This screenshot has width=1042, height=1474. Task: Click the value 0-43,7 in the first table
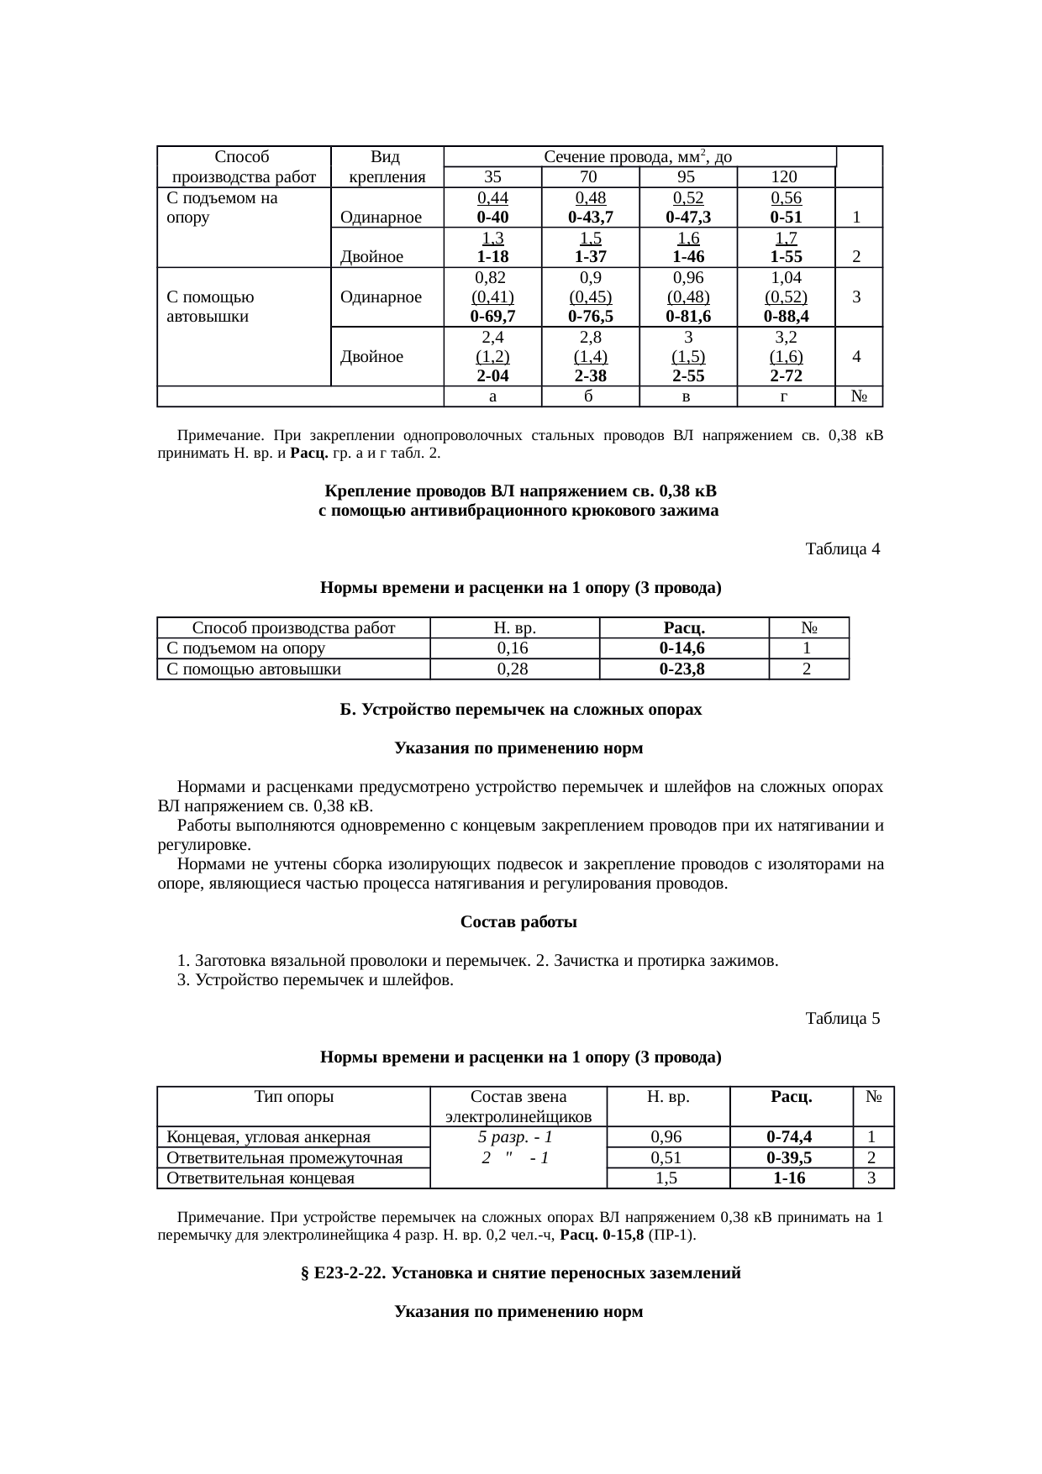tap(590, 217)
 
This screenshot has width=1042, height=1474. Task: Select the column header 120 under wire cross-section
tap(785, 177)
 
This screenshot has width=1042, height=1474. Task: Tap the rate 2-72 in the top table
tap(785, 376)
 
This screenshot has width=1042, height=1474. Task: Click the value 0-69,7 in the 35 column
tap(492, 317)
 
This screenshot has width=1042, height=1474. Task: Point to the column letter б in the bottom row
tap(590, 396)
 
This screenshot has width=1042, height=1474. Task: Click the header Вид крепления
tap(387, 166)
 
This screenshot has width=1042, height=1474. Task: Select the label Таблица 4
tap(842, 549)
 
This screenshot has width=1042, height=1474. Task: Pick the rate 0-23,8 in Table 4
tap(682, 669)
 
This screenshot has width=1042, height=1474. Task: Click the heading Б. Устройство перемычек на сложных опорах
tap(520, 710)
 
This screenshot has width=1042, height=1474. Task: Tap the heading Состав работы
tap(518, 922)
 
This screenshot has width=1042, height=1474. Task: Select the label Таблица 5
tap(842, 1019)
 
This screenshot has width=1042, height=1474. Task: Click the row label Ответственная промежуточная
tap(285, 1158)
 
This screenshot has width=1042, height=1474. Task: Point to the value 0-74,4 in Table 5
tap(790, 1138)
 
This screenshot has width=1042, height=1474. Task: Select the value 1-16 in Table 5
tap(790, 1178)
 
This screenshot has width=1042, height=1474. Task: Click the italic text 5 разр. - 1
tap(514, 1138)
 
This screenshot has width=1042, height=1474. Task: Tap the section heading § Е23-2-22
tap(520, 1273)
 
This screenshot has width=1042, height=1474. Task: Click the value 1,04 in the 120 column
tap(785, 277)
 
